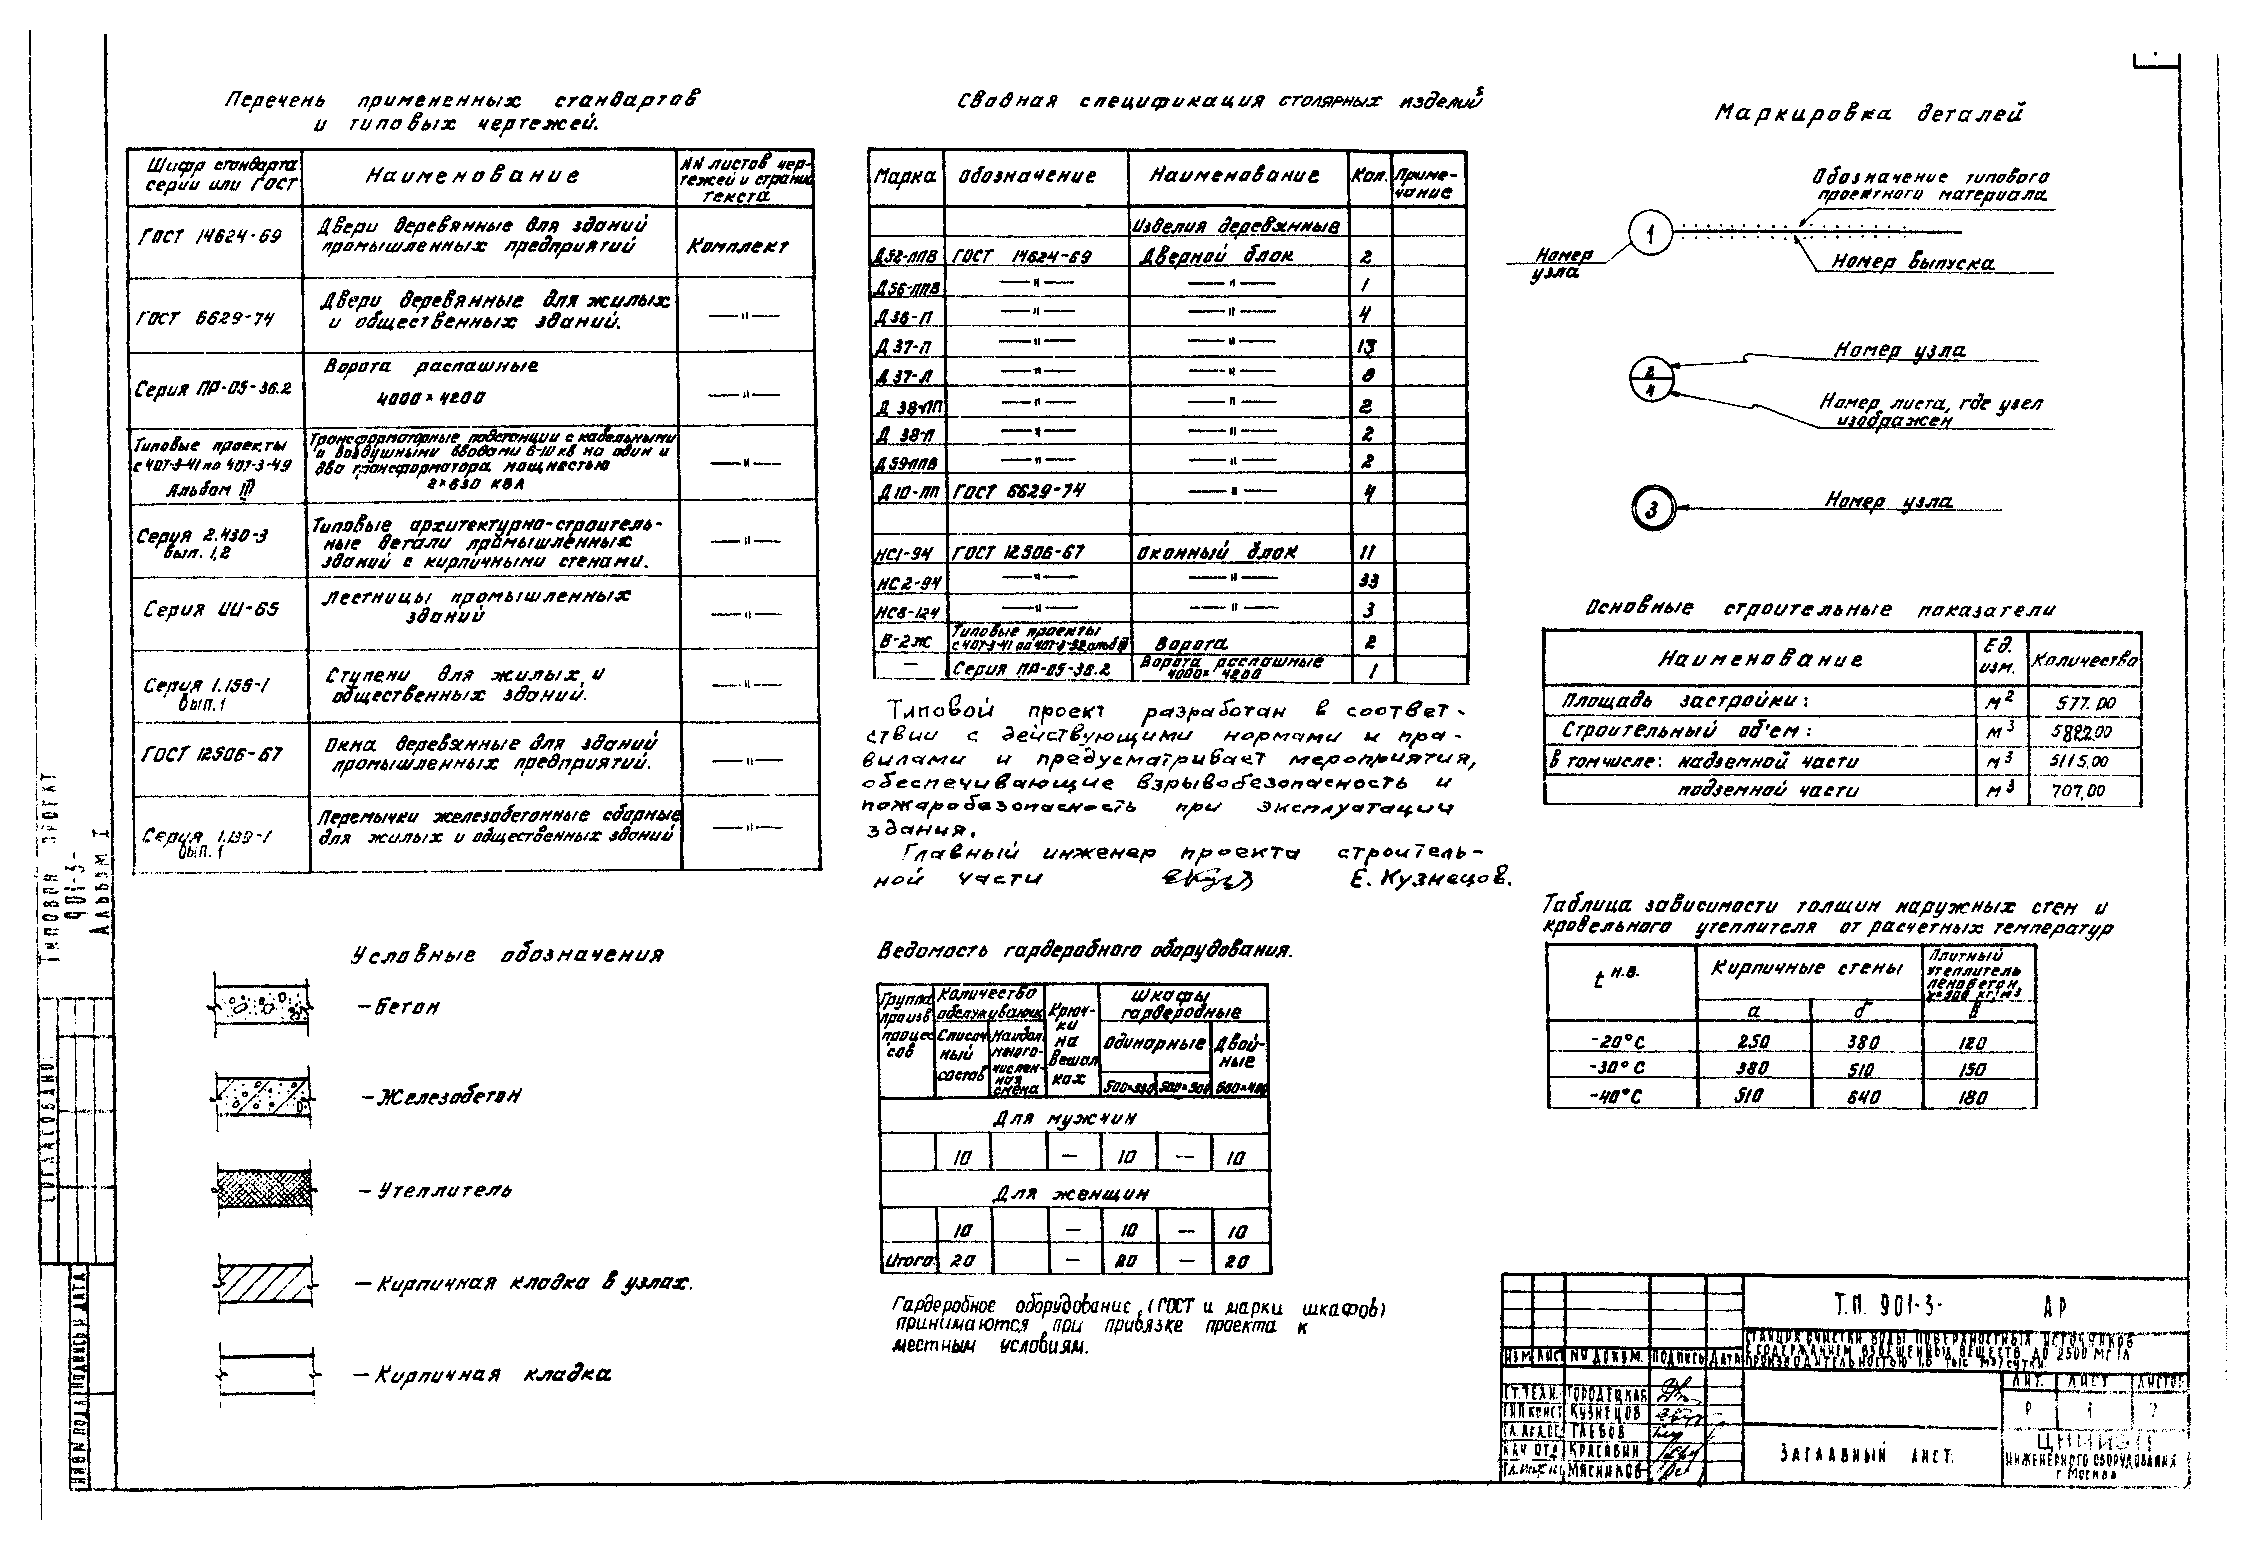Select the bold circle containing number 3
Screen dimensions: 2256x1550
tap(1651, 508)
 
